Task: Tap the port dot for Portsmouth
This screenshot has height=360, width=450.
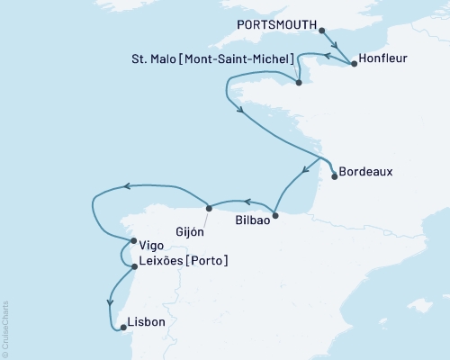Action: [321, 30]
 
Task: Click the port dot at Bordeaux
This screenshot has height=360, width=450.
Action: [335, 176]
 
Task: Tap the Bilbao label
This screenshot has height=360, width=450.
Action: [251, 219]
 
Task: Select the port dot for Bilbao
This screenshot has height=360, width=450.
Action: [275, 215]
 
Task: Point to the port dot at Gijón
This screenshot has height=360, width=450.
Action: [210, 205]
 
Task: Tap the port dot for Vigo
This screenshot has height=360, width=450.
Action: [133, 241]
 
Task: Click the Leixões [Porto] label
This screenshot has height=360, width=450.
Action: [184, 262]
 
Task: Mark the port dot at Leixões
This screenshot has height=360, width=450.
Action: [133, 266]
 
